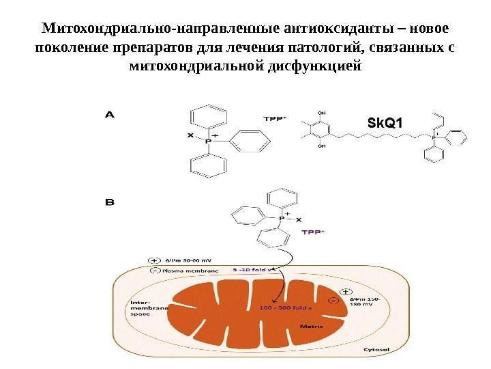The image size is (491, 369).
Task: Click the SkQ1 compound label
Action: pyautogui.click(x=385, y=124)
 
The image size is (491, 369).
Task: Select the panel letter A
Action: pyautogui.click(x=108, y=115)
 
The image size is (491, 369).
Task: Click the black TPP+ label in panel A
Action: pyautogui.click(x=275, y=118)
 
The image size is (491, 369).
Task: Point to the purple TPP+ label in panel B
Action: pyautogui.click(x=313, y=232)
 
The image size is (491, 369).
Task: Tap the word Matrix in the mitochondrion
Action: pyautogui.click(x=313, y=326)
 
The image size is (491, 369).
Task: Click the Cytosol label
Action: pyautogui.click(x=376, y=350)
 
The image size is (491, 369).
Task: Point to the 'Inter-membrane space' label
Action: pyautogui.click(x=148, y=309)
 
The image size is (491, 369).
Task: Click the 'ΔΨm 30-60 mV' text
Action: pyautogui.click(x=190, y=260)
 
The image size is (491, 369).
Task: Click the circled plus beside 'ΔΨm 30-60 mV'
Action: pyautogui.click(x=154, y=260)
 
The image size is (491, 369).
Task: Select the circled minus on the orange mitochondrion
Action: pyautogui.click(x=333, y=301)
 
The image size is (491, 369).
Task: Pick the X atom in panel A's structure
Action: pyautogui.click(x=190, y=135)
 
